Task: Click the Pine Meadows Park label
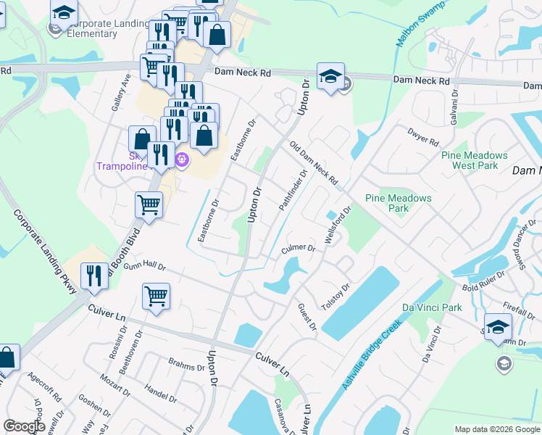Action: pos(398,203)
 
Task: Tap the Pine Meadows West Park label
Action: pos(475,160)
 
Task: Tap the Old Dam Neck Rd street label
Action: pos(314,162)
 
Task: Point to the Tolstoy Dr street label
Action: pos(335,296)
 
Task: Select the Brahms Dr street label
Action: pos(186,366)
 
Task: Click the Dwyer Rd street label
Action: pos(423,136)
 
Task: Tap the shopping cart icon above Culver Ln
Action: pos(156,297)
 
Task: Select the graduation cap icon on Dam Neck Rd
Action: pos(330,77)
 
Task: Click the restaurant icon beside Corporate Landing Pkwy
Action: pos(93,276)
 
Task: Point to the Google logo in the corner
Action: pos(24,426)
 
